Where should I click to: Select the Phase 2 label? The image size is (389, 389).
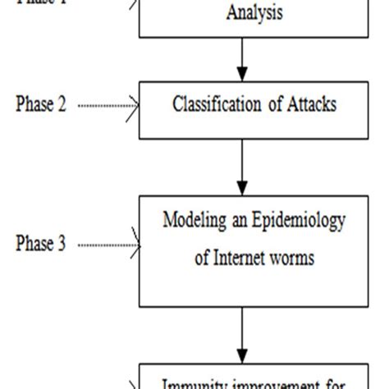(x=41, y=105)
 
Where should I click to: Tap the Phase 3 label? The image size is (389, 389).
(x=41, y=245)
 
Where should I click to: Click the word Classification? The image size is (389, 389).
(x=212, y=105)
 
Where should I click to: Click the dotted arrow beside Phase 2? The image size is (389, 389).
(x=111, y=106)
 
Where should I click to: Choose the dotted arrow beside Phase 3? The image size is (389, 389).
(x=111, y=245)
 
